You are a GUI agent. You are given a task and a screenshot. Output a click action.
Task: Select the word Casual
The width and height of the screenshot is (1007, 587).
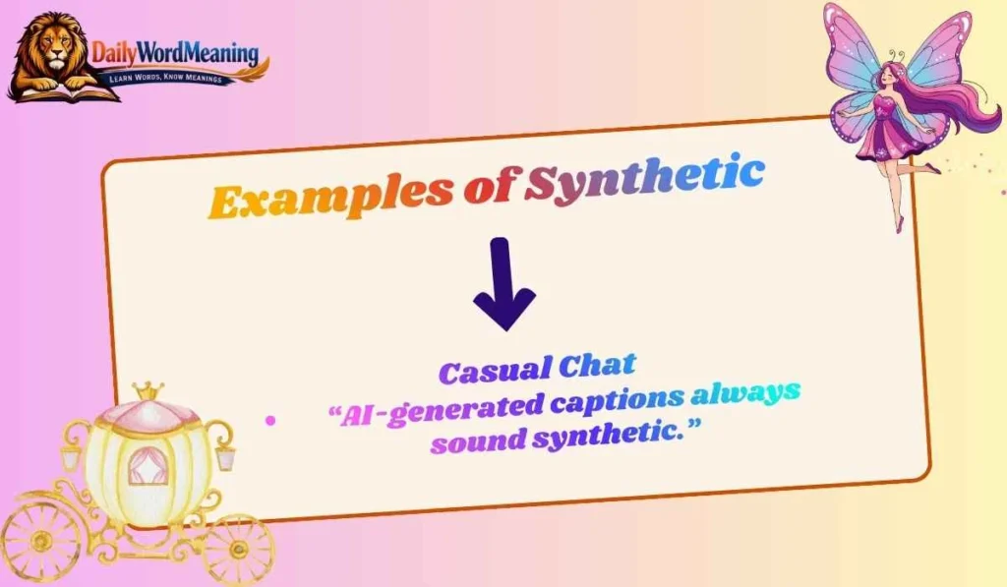pos(495,371)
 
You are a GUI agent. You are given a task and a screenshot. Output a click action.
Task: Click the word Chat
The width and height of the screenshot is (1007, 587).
pos(597,365)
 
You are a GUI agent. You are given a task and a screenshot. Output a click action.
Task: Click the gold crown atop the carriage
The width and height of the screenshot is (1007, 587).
pos(148,390)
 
